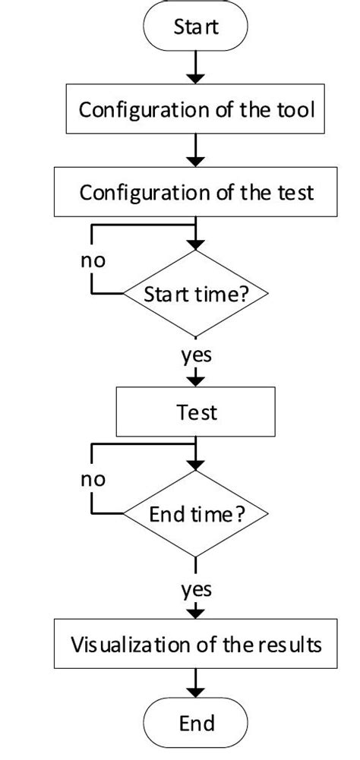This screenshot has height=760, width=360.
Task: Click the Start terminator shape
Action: pyautogui.click(x=196, y=28)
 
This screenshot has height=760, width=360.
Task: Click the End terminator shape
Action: pyautogui.click(x=196, y=722)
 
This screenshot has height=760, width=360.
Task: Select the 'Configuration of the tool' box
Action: pyautogui.click(x=197, y=110)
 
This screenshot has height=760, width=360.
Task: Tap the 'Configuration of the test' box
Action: pyautogui.click(x=197, y=192)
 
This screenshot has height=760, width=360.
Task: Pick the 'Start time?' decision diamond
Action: pyautogui.click(x=197, y=294)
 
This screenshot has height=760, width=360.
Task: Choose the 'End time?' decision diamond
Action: pyautogui.click(x=197, y=515)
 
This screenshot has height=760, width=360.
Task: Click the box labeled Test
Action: pyautogui.click(x=197, y=412)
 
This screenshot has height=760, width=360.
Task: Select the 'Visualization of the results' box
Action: pyautogui.click(x=197, y=645)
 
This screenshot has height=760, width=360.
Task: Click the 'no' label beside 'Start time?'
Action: pyautogui.click(x=93, y=260)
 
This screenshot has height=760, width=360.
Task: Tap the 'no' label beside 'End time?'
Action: pyautogui.click(x=93, y=480)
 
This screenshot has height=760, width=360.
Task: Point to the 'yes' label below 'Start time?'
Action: pyautogui.click(x=197, y=354)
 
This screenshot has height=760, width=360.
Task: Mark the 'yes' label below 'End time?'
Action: pyautogui.click(x=197, y=588)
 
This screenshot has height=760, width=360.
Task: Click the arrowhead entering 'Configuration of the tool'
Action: pyautogui.click(x=197, y=79)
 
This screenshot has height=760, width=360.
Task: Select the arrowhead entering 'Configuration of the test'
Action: pyautogui.click(x=197, y=161)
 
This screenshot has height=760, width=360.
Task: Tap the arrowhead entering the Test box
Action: pyautogui.click(x=197, y=380)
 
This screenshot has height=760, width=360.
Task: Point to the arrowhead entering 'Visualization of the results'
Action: pyautogui.click(x=197, y=613)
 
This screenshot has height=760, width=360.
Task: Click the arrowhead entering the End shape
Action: pyautogui.click(x=197, y=694)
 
